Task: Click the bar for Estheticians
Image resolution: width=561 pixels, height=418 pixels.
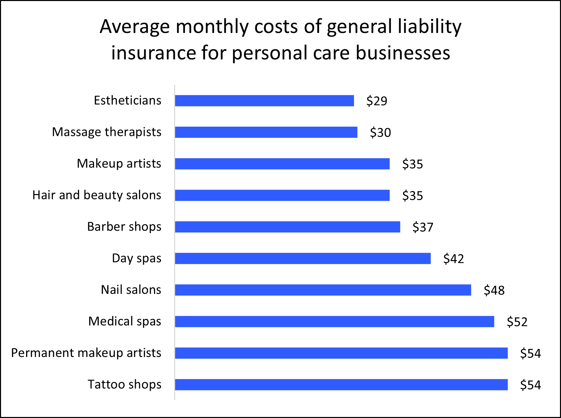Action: click(x=264, y=101)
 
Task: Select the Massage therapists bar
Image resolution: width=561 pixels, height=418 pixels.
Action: click(x=266, y=132)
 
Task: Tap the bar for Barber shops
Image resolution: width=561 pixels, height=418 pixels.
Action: click(x=287, y=227)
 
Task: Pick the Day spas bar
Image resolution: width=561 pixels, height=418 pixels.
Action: click(x=303, y=259)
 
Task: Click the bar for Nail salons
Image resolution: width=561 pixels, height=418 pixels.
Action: click(x=323, y=290)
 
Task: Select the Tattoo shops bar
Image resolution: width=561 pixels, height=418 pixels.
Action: click(x=341, y=385)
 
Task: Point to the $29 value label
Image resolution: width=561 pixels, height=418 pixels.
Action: click(x=377, y=101)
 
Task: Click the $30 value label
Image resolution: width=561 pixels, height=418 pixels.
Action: click(x=380, y=133)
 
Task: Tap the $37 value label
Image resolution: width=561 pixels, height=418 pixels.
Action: click(x=423, y=227)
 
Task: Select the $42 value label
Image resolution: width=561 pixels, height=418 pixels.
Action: click(x=453, y=259)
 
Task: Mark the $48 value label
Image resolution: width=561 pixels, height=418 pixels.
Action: click(x=494, y=290)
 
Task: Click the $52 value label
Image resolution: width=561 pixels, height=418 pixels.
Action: click(x=517, y=322)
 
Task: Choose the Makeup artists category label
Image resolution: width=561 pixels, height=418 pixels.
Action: click(x=119, y=164)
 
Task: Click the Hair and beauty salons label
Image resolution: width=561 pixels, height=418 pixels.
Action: click(x=97, y=195)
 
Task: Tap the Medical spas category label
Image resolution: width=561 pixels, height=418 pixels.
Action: click(x=125, y=321)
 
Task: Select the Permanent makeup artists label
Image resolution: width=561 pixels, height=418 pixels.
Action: click(x=86, y=353)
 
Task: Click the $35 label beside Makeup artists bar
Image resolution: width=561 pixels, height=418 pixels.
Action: click(x=413, y=164)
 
